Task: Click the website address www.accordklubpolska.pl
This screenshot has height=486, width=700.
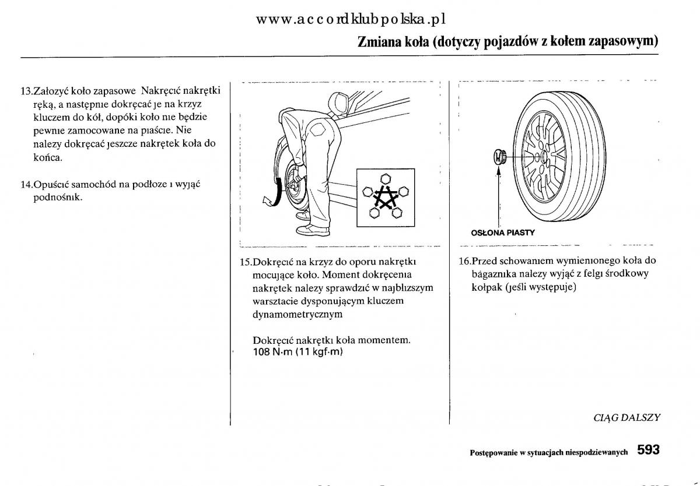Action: (x=351, y=19)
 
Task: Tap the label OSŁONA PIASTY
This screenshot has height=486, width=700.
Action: (x=503, y=233)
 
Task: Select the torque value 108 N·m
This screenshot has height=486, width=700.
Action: (x=272, y=352)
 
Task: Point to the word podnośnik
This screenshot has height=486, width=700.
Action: (x=57, y=198)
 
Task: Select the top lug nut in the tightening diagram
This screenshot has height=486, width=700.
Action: (x=384, y=178)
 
